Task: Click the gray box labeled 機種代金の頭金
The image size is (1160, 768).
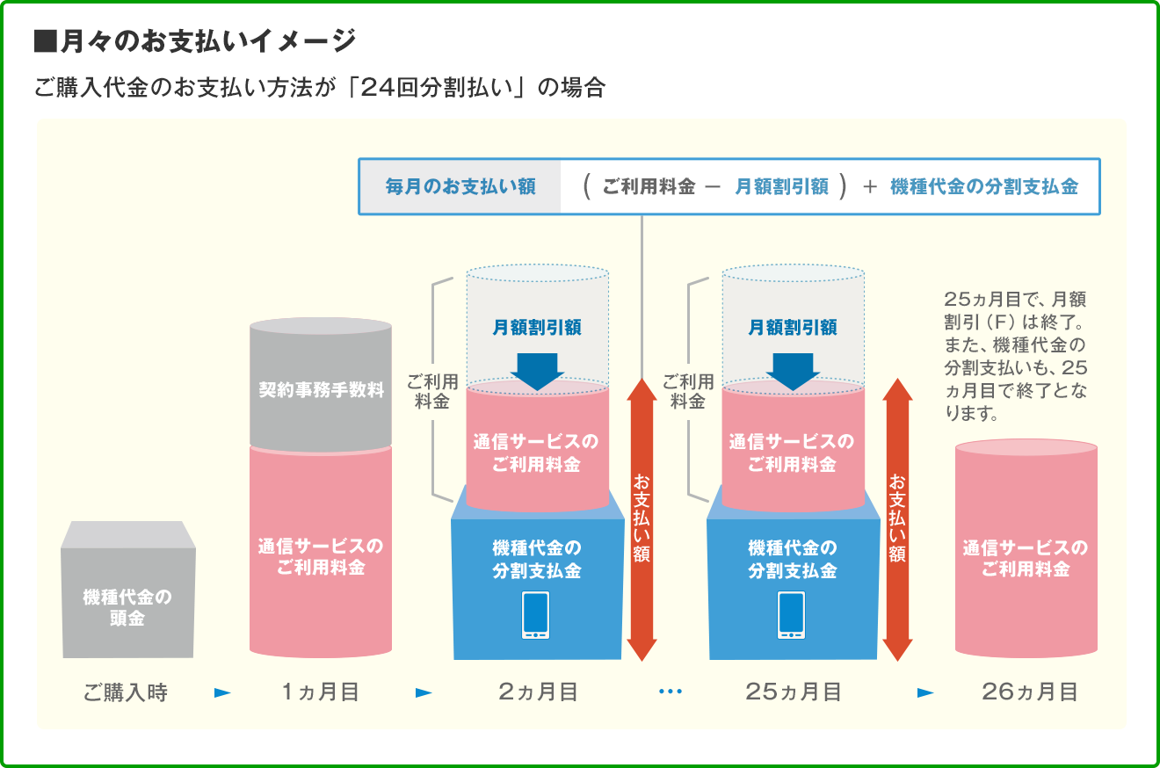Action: [x=128, y=598]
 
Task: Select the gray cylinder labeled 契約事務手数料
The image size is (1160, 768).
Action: [x=321, y=387]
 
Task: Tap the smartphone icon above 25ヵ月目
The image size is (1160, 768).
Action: [x=791, y=615]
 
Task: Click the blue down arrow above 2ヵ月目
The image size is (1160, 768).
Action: [x=537, y=370]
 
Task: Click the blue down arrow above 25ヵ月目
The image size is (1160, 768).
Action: [x=793, y=370]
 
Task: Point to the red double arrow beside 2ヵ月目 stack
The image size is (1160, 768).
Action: [x=642, y=518]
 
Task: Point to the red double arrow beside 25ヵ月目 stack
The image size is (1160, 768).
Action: [x=897, y=518]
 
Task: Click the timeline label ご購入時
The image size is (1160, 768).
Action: [x=126, y=692]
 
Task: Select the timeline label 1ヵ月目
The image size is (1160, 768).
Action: [x=320, y=692]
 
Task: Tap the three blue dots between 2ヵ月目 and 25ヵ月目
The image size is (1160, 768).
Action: [x=670, y=692]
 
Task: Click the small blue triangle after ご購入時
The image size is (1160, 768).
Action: [x=222, y=692]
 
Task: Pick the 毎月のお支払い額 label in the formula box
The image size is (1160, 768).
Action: [x=460, y=187]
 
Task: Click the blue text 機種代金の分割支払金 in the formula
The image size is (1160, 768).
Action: [x=983, y=187]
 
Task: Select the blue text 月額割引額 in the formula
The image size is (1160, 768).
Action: [x=781, y=187]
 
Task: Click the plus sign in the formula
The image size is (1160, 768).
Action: [x=869, y=187]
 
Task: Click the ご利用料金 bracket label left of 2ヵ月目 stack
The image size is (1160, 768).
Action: [x=432, y=391]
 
